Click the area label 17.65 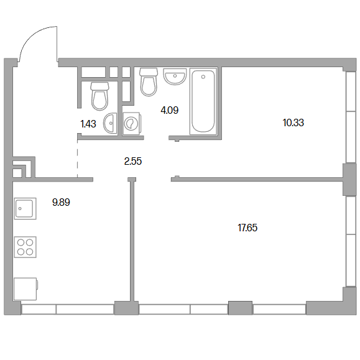click(247, 228)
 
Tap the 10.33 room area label click(293, 122)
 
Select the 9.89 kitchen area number click(61, 202)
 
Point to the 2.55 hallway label click(133, 161)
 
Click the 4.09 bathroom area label click(170, 111)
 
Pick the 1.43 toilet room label click(88, 124)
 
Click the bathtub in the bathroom click(203, 101)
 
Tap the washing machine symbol click(132, 123)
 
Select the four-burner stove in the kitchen click(25, 247)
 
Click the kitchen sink click(25, 208)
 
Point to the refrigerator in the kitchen click(25, 289)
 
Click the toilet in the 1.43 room click(99, 96)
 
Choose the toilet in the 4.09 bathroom click(149, 82)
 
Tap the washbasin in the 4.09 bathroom click(175, 76)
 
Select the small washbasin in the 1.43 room click(110, 123)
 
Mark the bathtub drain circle click(203, 76)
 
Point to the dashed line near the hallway click(77, 159)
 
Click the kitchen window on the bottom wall click(68, 309)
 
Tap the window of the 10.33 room click(351, 118)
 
